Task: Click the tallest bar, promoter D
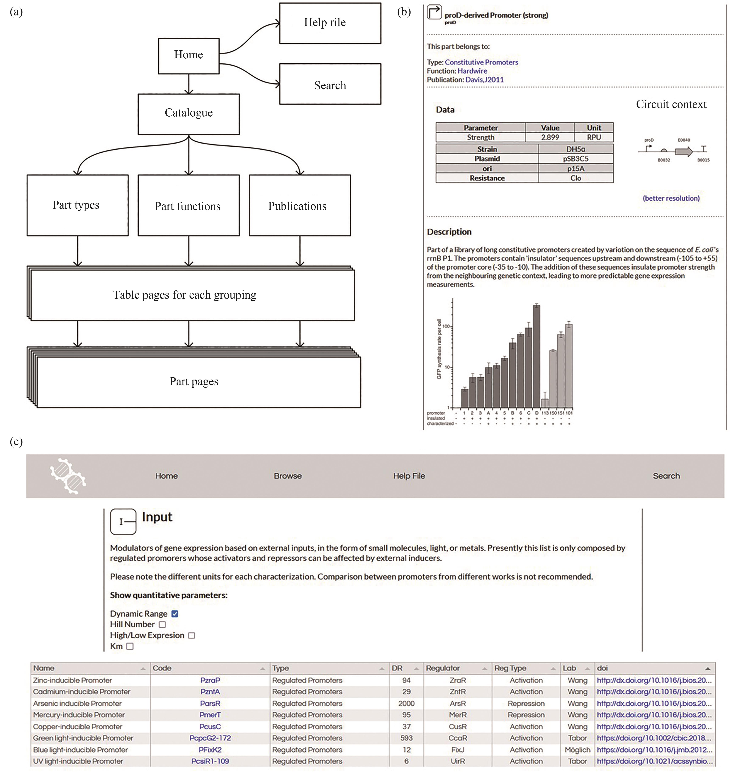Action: [536, 356]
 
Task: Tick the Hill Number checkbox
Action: [162, 624]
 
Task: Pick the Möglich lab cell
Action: [577, 750]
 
